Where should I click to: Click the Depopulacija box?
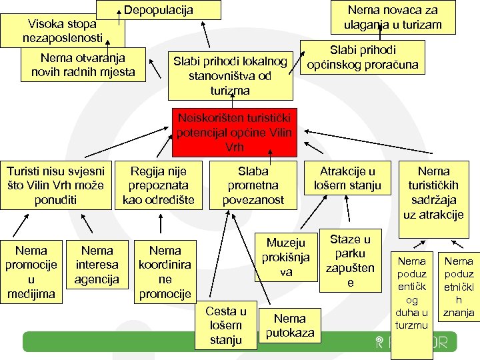(159, 10)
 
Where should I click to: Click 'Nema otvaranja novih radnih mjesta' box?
(83, 65)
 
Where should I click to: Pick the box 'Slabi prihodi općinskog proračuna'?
(363, 58)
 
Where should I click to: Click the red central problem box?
(235, 132)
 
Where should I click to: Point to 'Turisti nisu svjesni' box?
(55, 185)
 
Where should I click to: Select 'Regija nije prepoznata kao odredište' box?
(158, 185)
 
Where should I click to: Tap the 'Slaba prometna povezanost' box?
(253, 185)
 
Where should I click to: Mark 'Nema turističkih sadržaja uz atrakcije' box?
(433, 193)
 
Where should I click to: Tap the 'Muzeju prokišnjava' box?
(285, 257)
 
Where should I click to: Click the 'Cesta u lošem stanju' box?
(225, 325)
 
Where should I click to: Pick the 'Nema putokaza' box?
(289, 325)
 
